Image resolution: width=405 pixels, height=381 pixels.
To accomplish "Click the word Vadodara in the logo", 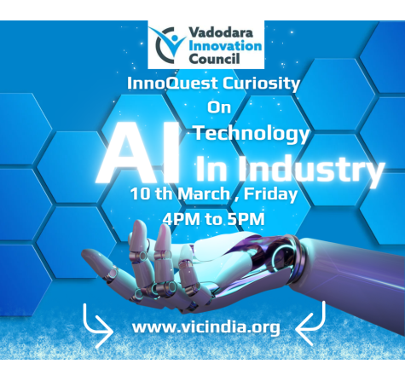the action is tap(221, 32).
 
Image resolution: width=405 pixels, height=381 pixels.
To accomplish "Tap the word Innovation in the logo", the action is tap(225, 46).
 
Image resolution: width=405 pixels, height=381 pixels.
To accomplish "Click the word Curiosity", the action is tap(261, 84).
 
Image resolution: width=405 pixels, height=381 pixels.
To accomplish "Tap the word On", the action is tap(219, 107).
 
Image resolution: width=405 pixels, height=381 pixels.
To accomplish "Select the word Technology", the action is tap(252, 134).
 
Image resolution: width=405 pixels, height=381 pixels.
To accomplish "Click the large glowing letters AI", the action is tap(139, 153).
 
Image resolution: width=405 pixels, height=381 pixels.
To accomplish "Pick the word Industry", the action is tap(311, 170).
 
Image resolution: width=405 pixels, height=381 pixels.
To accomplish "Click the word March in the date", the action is tap(204, 194).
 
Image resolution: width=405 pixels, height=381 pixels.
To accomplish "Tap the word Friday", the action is tap(270, 194).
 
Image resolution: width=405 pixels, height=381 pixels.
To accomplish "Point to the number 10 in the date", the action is tap(140, 194).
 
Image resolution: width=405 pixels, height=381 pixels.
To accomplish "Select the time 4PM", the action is tap(182, 219).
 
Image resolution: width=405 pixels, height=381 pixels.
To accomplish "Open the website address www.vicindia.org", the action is tap(206, 327).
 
